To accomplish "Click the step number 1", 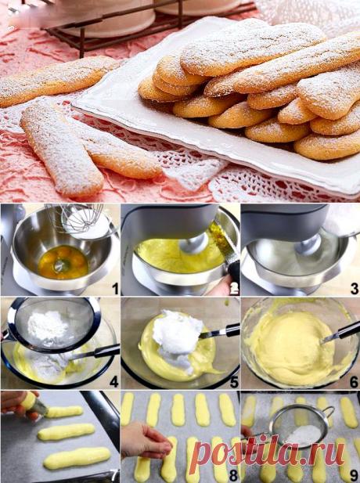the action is coord(115,289).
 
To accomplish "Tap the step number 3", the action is coord(355,289).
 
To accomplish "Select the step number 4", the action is coord(114,382).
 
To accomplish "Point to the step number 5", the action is coord(234,382).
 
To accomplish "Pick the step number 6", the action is coord(355,382).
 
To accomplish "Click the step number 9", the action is coord(355,476).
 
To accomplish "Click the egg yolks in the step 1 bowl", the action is coord(63,262).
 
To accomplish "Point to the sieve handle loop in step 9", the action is coord(329,412).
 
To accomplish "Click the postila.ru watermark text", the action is coord(268,453).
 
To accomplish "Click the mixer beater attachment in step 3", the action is coord(308,245).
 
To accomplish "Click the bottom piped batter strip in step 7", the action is coord(77,458).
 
